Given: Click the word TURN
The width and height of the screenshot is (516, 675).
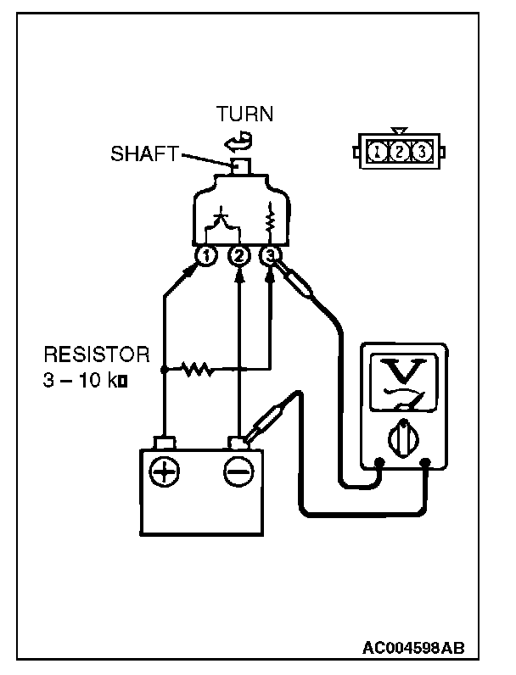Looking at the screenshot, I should pyautogui.click(x=244, y=114).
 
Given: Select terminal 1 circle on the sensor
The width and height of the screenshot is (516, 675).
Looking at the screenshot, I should pyautogui.click(x=205, y=254).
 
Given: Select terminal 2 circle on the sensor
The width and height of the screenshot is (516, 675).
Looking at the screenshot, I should pyautogui.click(x=239, y=254).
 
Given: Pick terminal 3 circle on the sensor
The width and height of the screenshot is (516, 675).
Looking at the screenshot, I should pyautogui.click(x=271, y=254).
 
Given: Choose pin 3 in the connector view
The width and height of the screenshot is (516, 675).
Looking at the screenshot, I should pyautogui.click(x=420, y=153).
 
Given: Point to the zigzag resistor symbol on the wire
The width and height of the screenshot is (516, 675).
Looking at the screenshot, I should pyautogui.click(x=196, y=370).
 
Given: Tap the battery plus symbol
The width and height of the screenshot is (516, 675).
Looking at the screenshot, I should pyautogui.click(x=165, y=473).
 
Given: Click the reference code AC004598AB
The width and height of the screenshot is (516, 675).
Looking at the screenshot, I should pyautogui.click(x=413, y=649).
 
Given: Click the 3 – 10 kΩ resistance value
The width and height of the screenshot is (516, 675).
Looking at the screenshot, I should pyautogui.click(x=85, y=380).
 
